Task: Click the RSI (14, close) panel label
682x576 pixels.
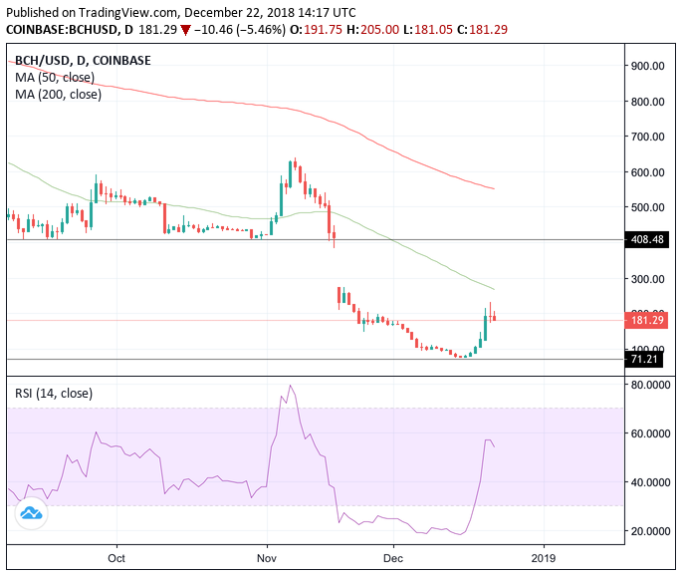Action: pyautogui.click(x=54, y=394)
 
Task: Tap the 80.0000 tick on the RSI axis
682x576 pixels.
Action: pyautogui.click(x=651, y=385)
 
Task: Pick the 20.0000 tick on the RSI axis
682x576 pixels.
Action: pyautogui.click(x=651, y=531)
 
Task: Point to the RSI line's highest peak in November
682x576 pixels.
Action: pyautogui.click(x=290, y=386)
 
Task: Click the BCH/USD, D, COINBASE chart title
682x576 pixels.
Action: pyautogui.click(x=83, y=60)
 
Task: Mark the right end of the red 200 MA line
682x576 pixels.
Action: pyautogui.click(x=495, y=188)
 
